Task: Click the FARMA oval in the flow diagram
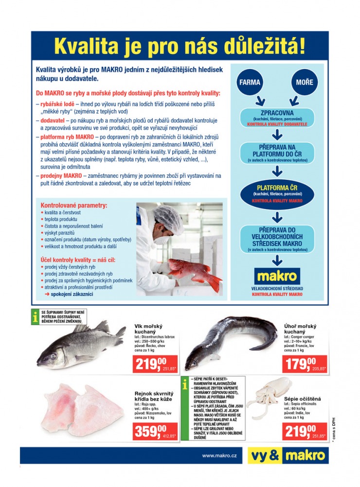(x=250, y=82)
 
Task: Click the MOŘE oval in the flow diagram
(x=305, y=82)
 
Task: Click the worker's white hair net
(x=168, y=219)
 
